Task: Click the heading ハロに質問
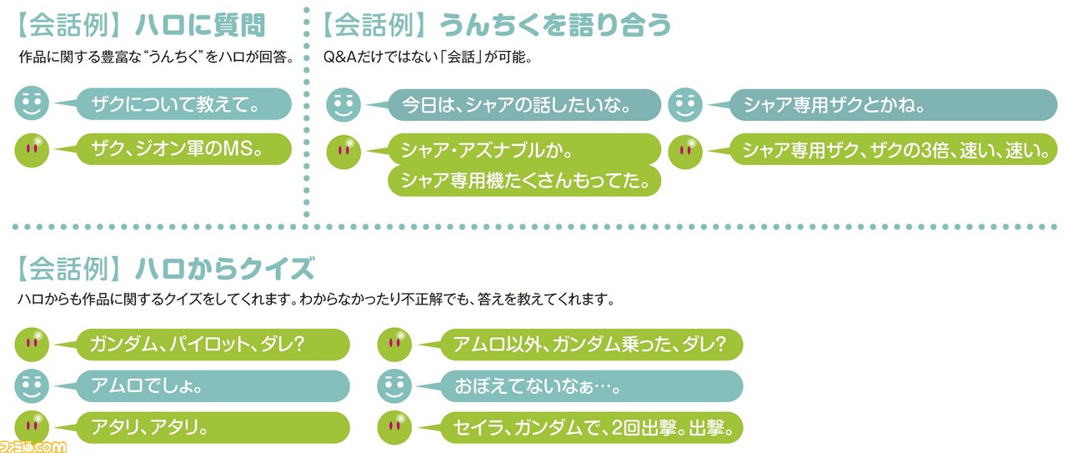200,25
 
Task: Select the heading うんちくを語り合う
555,25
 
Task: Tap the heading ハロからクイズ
225,269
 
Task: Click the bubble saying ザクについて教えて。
184,104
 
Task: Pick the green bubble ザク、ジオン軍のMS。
184,149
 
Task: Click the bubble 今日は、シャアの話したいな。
524,105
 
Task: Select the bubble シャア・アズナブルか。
524,150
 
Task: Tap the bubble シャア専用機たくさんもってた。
524,181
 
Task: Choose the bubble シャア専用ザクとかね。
894,105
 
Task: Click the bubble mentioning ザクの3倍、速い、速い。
894,150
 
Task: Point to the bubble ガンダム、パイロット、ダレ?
213,345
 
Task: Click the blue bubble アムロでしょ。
213,385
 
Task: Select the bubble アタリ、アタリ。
213,428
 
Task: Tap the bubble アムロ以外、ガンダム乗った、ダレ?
591,345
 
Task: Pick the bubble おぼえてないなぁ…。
591,385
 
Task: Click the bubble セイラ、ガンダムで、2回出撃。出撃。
591,428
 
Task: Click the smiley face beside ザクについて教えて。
32,103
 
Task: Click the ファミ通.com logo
33,447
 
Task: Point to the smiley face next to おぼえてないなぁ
394,385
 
